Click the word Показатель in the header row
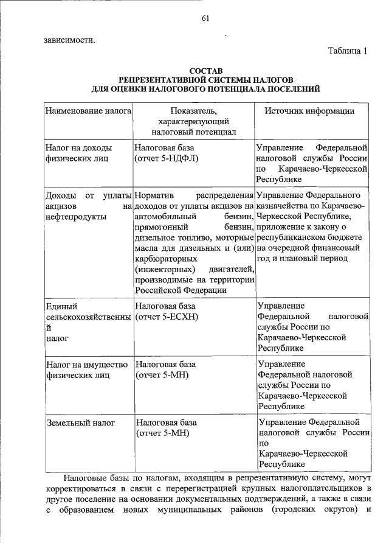click(x=193, y=111)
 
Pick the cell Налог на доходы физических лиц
click(x=78, y=153)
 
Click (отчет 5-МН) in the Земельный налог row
click(x=162, y=433)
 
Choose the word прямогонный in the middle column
click(x=161, y=227)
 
